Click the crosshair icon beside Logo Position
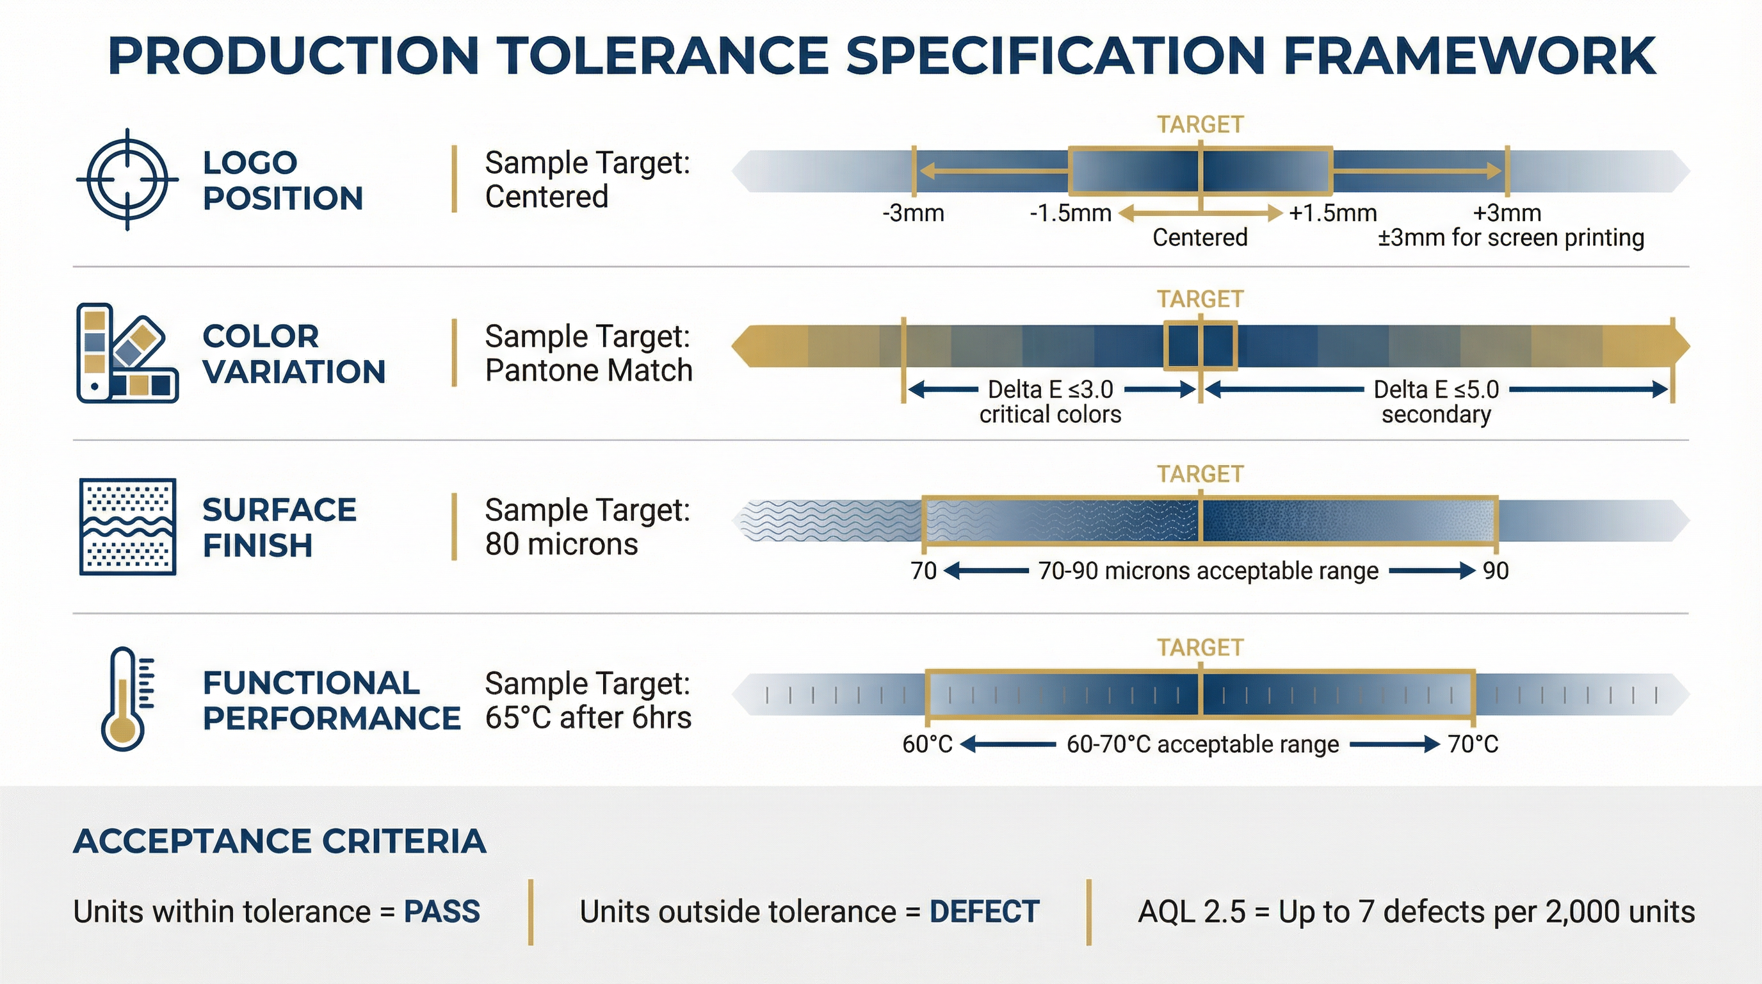[128, 179]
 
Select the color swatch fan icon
[127, 353]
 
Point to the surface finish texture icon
[128, 526]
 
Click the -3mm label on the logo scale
[913, 213]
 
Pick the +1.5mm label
[1332, 213]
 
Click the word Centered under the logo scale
[1200, 238]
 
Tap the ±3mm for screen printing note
[1510, 238]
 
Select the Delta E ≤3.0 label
[1051, 389]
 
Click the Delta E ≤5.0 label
[1435, 389]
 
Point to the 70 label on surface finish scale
[923, 571]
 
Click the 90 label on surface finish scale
[1495, 571]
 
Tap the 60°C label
[927, 744]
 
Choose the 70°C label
[1473, 744]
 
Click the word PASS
[442, 912]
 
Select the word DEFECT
[984, 912]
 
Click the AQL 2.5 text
[1191, 912]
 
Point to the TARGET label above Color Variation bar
[1200, 299]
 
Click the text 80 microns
[561, 545]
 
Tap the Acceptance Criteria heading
[279, 841]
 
